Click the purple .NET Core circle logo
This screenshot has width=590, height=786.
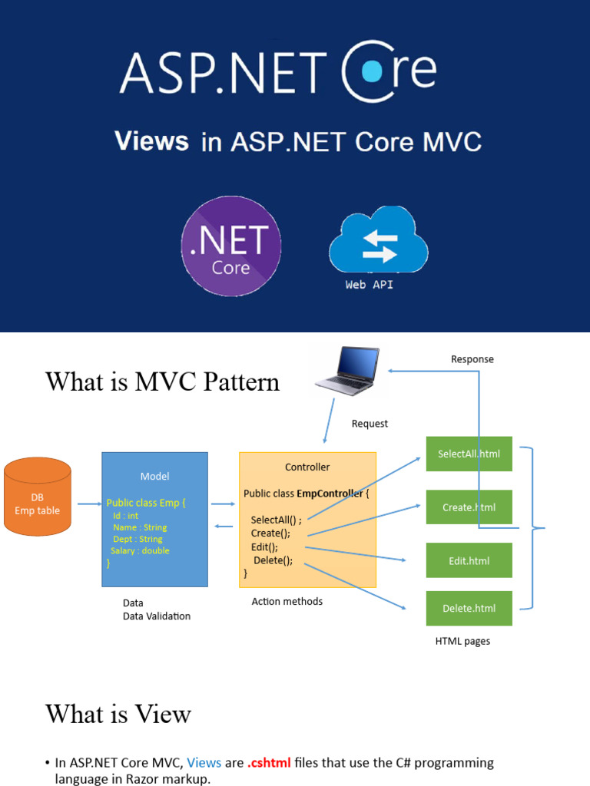230,246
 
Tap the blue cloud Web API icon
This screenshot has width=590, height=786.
378,243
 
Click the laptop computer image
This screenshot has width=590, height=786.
348,372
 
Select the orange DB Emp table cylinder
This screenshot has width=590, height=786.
38,497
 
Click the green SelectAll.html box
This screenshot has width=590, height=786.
469,454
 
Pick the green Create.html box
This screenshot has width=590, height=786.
469,507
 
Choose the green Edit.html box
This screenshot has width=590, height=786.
469,561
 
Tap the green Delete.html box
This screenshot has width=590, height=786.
469,609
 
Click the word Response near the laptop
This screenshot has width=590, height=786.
472,359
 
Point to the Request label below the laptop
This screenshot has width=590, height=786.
370,424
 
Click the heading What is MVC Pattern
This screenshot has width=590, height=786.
162,381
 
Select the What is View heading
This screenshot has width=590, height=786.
118,714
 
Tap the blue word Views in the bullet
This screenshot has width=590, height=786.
204,763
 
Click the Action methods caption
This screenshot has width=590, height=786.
287,602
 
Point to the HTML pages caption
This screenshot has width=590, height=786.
462,641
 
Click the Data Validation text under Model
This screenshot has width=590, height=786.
157,616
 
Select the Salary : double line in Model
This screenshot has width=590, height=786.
140,550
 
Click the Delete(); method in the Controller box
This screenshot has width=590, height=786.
273,560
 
